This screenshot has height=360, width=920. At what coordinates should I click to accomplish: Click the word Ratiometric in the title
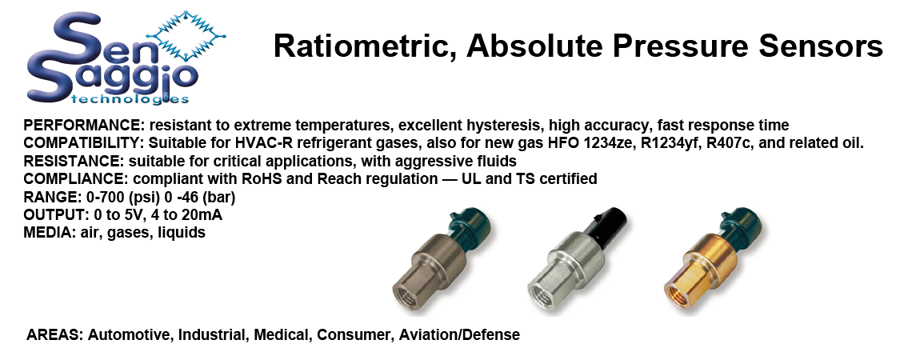coord(366,47)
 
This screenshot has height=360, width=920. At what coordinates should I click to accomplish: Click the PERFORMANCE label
coord(84,126)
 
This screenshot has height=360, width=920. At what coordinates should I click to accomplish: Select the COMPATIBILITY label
coord(84,143)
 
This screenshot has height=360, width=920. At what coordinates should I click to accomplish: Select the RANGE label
coord(48,197)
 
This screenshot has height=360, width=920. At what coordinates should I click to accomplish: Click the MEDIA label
coord(47,232)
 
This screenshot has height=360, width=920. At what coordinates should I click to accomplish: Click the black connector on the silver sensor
coord(608,225)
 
